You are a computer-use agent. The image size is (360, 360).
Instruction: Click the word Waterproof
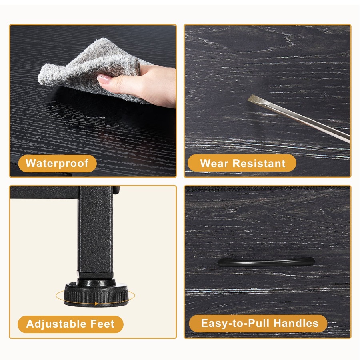pos(57,163)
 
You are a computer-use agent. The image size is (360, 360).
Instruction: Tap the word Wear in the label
pos(214,164)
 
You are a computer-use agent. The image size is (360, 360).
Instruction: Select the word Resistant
pos(259,164)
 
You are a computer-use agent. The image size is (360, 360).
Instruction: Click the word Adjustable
pos(56,324)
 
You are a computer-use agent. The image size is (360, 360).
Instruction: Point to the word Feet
pos(102,324)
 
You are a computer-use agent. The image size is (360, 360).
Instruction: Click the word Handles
pos(296,323)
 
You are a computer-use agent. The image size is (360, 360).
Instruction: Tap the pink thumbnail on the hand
pos(104,79)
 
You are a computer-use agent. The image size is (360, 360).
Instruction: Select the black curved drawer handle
pos(266,262)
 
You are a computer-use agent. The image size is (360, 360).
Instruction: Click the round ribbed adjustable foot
pos(96,294)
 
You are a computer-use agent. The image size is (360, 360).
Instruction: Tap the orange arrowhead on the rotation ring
pos(96,304)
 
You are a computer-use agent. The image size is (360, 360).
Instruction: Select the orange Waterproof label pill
pos(57,164)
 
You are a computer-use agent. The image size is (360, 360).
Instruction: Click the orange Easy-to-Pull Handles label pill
pos(258,324)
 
